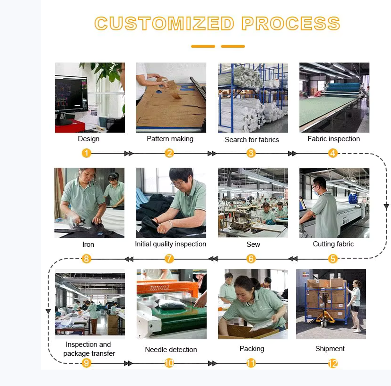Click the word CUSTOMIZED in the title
tap(164, 24)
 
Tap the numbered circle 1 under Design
tap(86, 153)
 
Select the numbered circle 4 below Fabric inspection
tap(333, 153)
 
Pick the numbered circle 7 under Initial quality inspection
tap(169, 259)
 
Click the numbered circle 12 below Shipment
tap(333, 363)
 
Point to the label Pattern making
tap(170, 139)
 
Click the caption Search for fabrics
tap(252, 140)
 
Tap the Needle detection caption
tap(171, 349)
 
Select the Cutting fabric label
tap(333, 244)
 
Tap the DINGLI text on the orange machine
tap(160, 288)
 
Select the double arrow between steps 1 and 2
tap(128, 154)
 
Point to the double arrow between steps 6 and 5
tap(293, 259)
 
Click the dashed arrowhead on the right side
tap(386, 207)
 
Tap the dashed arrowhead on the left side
tap(48, 311)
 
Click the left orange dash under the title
tap(203, 46)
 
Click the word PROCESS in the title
tap(291, 24)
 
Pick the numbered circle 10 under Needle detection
tap(169, 363)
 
